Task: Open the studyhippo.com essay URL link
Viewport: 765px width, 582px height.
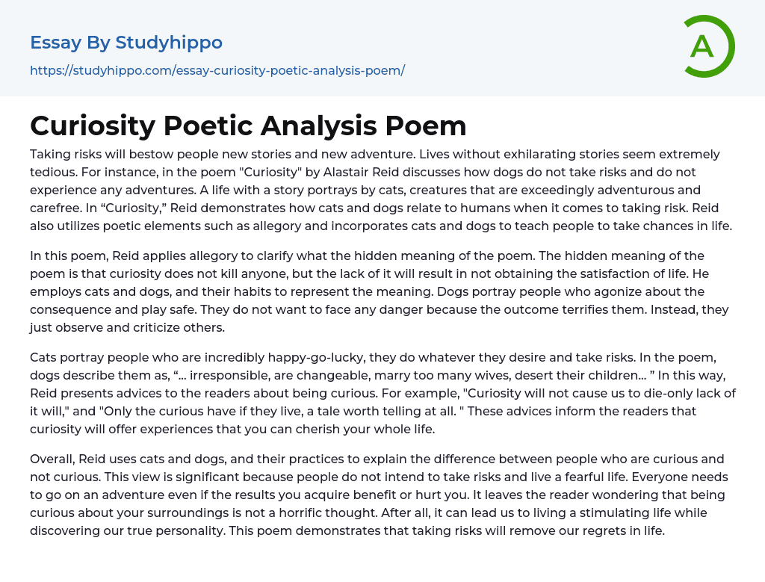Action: coord(217,70)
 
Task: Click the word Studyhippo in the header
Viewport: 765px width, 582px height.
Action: coord(169,43)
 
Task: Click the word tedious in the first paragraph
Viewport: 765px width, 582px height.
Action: coord(55,171)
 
